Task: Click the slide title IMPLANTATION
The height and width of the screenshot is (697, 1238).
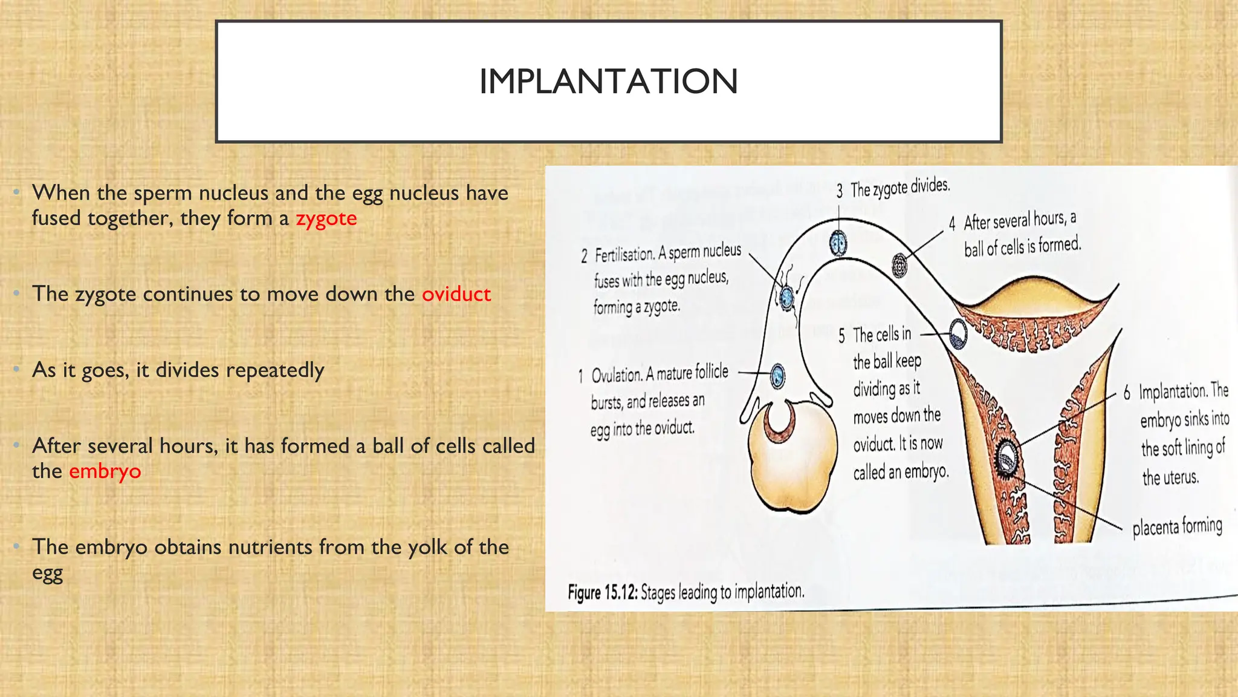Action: (608, 82)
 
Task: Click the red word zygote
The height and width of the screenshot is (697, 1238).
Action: (326, 218)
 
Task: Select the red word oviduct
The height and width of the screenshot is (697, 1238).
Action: (456, 294)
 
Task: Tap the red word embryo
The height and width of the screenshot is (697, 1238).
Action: (105, 471)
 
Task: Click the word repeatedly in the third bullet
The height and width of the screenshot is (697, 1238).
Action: (274, 370)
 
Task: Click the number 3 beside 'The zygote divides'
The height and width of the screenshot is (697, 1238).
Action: (840, 192)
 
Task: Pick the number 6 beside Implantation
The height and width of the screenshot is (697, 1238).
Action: (1127, 393)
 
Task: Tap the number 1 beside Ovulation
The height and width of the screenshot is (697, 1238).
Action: (580, 376)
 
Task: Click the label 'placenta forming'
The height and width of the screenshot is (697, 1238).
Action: (1177, 526)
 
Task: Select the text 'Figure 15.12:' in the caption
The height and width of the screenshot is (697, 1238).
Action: (603, 592)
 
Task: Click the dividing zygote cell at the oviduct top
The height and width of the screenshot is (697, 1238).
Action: (838, 243)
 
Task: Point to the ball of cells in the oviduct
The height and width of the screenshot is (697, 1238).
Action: (899, 265)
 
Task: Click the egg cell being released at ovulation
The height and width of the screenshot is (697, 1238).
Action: (778, 376)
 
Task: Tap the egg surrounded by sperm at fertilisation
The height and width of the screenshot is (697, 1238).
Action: (786, 296)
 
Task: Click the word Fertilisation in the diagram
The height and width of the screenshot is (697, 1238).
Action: (624, 255)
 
